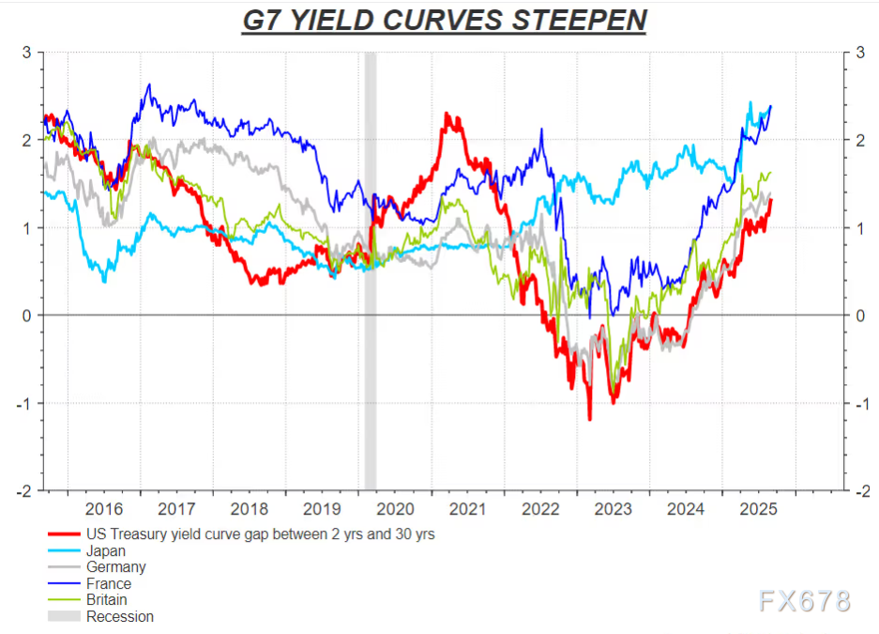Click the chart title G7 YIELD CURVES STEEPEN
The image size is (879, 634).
click(443, 21)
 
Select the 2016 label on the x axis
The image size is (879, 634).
click(103, 510)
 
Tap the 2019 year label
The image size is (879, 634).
click(322, 510)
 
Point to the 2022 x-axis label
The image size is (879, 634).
click(540, 510)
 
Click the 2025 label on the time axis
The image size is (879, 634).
click(758, 510)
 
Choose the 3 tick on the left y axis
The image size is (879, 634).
click(28, 53)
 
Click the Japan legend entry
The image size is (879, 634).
click(105, 551)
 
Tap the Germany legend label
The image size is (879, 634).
click(115, 567)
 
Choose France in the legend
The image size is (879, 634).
click(109, 583)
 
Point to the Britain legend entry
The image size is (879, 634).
click(107, 600)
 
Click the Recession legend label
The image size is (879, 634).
click(119, 617)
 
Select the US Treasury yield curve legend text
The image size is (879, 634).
click(261, 534)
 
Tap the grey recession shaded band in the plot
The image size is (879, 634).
click(370, 272)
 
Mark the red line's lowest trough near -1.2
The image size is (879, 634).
click(590, 419)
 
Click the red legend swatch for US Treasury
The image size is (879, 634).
click(62, 534)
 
